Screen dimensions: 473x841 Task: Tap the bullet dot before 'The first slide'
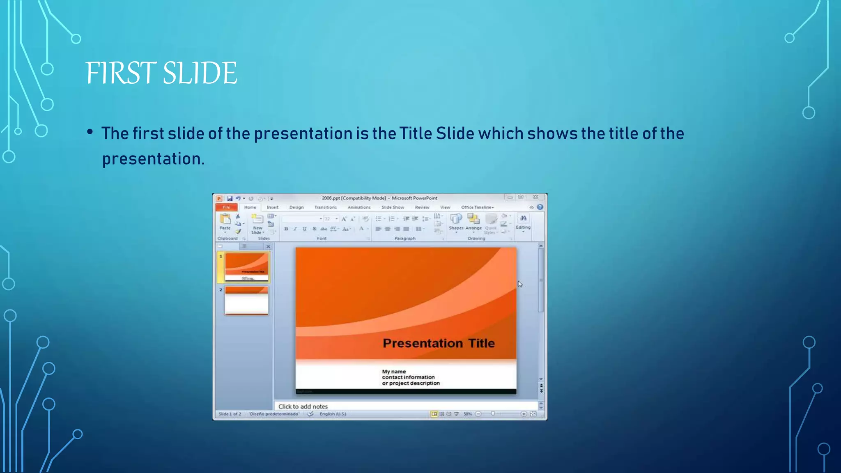point(90,132)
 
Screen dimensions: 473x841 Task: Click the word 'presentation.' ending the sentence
point(153,159)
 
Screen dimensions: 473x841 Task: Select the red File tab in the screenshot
point(226,207)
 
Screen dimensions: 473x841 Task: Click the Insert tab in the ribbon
point(272,207)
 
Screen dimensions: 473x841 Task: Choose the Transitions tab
point(325,207)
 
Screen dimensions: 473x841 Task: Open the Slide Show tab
point(393,207)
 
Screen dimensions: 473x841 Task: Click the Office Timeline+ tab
point(477,207)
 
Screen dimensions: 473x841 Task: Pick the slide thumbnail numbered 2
point(246,301)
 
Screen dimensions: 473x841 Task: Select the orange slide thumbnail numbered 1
point(246,267)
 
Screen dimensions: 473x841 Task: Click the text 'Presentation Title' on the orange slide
point(439,343)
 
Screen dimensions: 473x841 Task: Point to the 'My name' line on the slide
point(394,372)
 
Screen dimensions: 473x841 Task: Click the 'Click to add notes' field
point(303,406)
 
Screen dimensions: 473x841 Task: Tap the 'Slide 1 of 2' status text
point(230,414)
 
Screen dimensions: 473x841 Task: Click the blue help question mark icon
point(540,207)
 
